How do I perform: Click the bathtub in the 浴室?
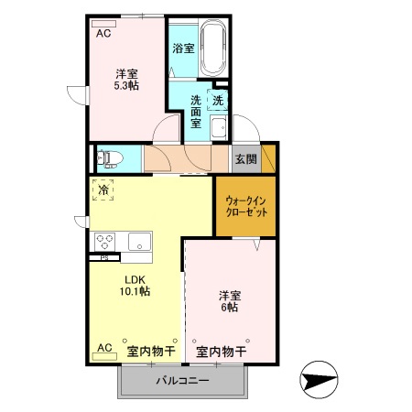tap(212, 49)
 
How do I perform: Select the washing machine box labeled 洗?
tap(219, 102)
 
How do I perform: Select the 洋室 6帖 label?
tap(229, 302)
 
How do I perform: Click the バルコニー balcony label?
tap(182, 380)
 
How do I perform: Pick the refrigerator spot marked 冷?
tap(103, 190)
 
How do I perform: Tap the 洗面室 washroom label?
tap(196, 111)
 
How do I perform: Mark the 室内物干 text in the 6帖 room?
tap(222, 351)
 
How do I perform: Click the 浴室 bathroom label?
tap(183, 48)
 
